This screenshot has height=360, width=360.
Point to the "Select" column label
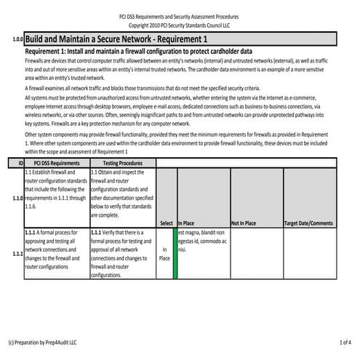coord(166,223)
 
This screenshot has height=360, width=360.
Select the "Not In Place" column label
coord(244,223)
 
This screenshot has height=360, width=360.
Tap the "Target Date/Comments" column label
coord(308,223)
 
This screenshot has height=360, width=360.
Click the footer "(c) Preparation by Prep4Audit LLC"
coord(42,341)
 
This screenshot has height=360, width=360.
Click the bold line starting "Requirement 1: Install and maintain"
coord(138,53)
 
